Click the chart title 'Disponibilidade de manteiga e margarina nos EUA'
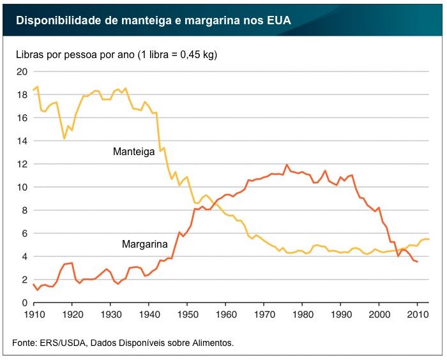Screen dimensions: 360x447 pos(153,20)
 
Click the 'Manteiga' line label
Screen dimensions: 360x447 pos(133,152)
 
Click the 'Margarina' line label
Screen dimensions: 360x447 pos(145,244)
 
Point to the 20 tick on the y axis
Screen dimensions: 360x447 pos(21,71)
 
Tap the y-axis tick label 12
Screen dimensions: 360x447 pos(21,164)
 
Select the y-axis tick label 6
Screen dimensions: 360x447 pos(24,234)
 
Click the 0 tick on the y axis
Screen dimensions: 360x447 pos(24,303)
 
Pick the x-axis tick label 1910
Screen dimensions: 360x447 pos(33,315)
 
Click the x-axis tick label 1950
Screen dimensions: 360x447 pos(187,315)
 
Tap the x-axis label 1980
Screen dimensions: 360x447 pos(303,315)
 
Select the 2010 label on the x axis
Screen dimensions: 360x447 pos(418,315)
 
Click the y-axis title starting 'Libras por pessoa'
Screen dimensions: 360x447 pos(117,54)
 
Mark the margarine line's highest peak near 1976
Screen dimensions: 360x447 pos(287,165)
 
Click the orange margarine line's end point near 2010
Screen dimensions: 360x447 pos(418,262)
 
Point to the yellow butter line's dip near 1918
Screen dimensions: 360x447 pos(64,139)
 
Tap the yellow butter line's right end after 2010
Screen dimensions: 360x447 pos(429,239)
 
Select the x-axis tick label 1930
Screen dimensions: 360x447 pos(110,315)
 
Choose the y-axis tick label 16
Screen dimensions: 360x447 pos(21,118)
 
